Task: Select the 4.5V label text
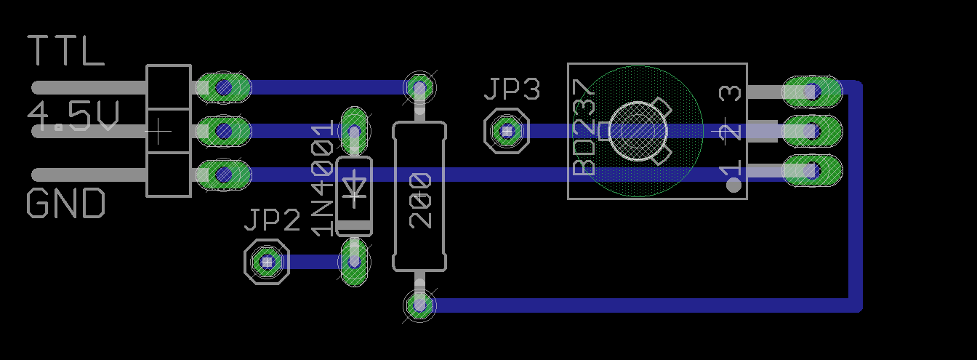click(73, 116)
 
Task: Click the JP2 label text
click(272, 220)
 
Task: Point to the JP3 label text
click(512, 90)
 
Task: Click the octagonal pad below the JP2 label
click(267, 261)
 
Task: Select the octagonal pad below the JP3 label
click(507, 132)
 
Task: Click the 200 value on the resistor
click(420, 200)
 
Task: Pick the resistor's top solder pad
click(419, 87)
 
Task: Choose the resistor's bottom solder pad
click(419, 305)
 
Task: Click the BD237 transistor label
click(584, 127)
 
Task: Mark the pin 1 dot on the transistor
click(733, 185)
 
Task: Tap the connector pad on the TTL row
click(224, 88)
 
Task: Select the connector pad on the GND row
click(224, 175)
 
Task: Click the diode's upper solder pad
click(354, 131)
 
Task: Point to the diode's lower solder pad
click(354, 262)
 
